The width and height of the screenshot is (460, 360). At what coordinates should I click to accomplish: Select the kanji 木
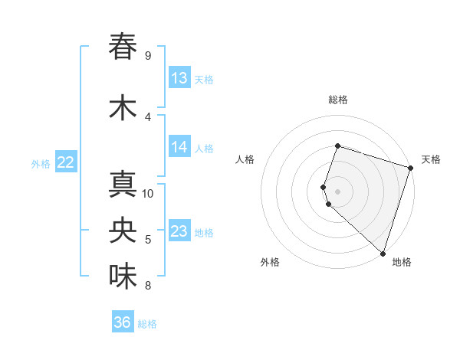coord(123,108)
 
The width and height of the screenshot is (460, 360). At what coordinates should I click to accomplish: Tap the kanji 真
coord(123,186)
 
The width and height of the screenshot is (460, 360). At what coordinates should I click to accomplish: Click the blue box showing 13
coord(179,78)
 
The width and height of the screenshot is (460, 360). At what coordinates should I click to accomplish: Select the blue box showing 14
coord(179,147)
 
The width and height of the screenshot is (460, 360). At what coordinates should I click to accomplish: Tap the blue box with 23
coord(179,231)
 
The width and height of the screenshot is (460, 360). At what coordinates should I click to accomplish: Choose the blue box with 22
coord(65,162)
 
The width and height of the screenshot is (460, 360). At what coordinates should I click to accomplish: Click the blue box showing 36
coord(123,322)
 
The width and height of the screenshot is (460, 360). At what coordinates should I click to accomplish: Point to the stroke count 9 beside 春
coord(148,56)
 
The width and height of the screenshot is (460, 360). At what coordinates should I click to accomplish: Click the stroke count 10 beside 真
coord(149,193)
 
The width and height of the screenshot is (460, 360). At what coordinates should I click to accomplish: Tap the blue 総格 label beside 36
coord(148,324)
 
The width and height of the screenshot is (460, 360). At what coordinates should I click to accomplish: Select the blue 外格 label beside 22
coord(41,163)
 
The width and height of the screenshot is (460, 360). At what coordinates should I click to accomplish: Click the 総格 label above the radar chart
coord(338,100)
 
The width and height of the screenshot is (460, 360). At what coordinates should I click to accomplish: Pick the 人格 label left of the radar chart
coord(245,159)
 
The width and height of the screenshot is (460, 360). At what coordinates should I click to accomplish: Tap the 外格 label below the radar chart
coord(270,262)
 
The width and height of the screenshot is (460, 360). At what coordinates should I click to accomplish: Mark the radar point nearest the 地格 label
coord(382,254)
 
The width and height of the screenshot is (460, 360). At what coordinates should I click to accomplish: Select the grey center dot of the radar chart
coord(337,191)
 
